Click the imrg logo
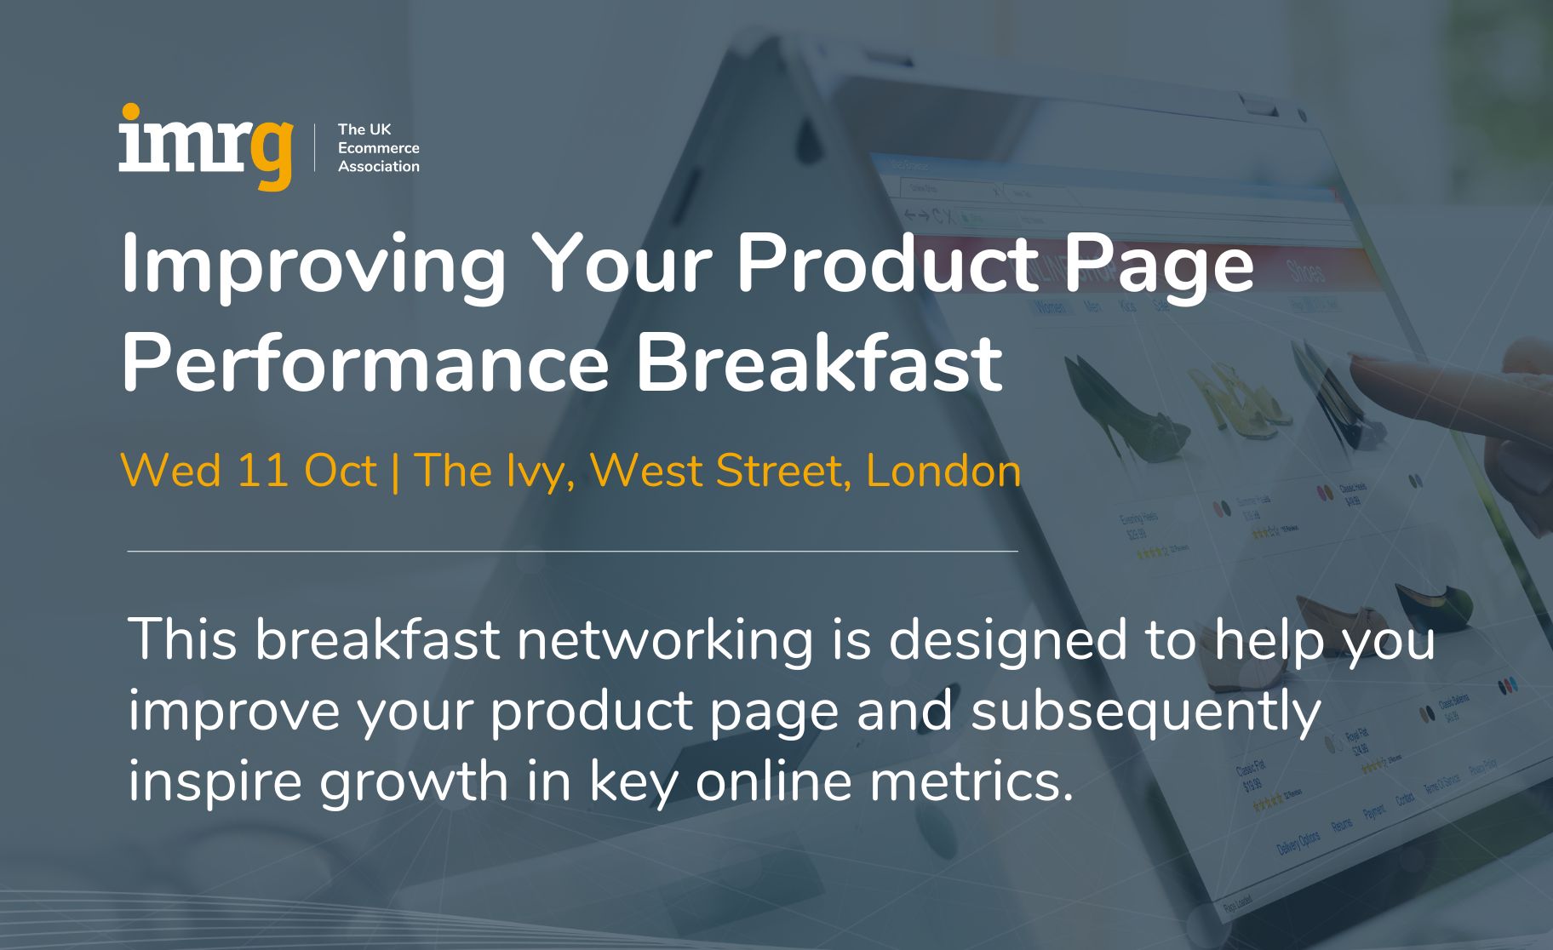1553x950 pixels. [x=205, y=146]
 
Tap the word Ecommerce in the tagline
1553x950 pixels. [x=378, y=148]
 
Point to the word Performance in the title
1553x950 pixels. [x=365, y=363]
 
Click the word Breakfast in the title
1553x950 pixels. [x=819, y=363]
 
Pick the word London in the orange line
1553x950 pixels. [x=943, y=471]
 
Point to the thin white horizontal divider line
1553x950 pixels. [x=572, y=552]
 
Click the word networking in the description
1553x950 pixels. [x=664, y=640]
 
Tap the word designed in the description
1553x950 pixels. [x=1008, y=640]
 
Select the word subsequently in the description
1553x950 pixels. [x=1146, y=712]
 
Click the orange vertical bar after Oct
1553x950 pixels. [x=395, y=471]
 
